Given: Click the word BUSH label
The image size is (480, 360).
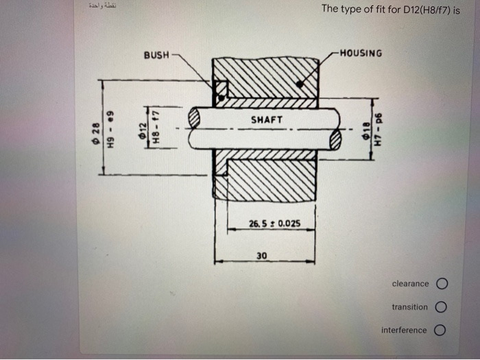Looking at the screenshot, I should (156, 54).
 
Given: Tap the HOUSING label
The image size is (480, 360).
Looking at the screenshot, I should (361, 53).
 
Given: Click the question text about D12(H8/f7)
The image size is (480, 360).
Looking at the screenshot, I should (390, 12).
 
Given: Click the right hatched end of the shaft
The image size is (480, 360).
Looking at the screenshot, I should (335, 140).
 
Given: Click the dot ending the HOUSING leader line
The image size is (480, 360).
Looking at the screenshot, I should (300, 84).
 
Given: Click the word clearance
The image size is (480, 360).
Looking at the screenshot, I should (410, 284).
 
